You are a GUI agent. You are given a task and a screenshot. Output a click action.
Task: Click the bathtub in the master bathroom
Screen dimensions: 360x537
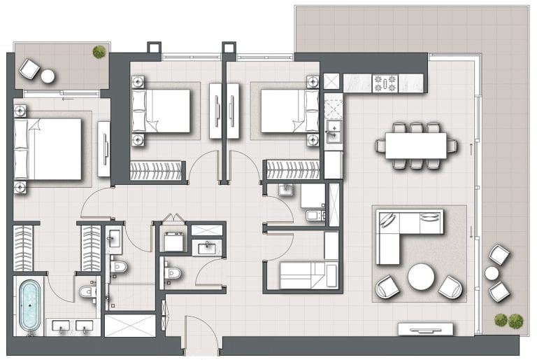[29, 306]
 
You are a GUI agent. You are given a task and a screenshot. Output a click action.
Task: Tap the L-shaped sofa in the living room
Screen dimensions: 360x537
[402, 231]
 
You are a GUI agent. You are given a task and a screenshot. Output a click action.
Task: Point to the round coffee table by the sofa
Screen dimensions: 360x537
[422, 276]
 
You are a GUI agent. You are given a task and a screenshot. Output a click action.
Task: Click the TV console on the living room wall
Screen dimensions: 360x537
[425, 328]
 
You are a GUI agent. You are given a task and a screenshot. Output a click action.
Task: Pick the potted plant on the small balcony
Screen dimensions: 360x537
[99, 51]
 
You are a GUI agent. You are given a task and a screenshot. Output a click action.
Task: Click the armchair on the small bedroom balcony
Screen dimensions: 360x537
[29, 69]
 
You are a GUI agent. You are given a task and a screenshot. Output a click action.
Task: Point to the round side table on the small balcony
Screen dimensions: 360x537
[48, 76]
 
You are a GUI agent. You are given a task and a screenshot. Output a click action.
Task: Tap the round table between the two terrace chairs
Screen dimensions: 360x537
[492, 272]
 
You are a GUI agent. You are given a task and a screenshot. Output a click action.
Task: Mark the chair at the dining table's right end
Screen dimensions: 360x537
[452, 146]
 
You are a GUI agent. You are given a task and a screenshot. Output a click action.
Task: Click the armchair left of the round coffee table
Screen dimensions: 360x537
[388, 286]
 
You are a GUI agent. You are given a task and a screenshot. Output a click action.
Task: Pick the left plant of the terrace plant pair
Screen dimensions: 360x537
[501, 320]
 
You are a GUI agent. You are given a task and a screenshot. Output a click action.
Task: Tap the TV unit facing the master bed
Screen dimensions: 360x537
[104, 149]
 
